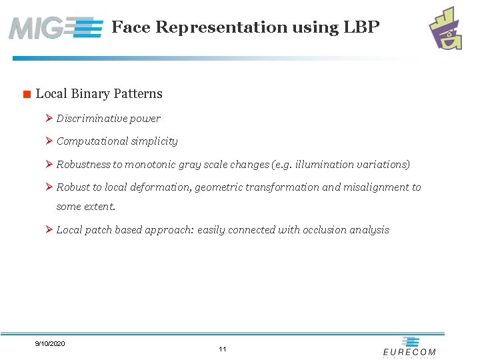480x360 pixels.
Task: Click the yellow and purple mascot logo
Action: pos(446,28)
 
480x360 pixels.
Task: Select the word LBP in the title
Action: pos(361,27)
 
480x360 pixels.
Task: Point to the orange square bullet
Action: pos(27,94)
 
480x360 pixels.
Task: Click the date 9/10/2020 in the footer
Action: pos(50,343)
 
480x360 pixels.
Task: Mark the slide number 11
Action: pos(223,349)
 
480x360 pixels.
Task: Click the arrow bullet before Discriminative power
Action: pos(49,119)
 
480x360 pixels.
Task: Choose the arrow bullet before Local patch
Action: pos(49,230)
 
